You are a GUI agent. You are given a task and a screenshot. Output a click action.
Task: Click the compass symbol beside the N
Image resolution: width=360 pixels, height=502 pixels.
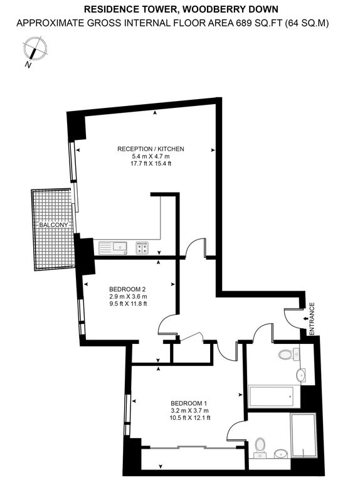pos(35,49)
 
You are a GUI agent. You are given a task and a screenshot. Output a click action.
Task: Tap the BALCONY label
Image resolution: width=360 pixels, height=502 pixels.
pos(53,225)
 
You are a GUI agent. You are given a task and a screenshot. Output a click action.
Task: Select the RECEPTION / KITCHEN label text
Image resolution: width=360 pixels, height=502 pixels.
pos(151,149)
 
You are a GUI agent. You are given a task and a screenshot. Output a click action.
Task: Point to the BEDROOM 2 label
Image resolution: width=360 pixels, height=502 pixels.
pos(128,289)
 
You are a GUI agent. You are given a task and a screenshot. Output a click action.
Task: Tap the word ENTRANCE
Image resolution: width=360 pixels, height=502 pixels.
pos(312,319)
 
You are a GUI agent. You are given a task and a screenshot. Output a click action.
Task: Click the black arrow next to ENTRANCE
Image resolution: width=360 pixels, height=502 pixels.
pos(305,319)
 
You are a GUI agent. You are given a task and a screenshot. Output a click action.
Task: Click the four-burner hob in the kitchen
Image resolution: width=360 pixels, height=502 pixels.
pos(142,248)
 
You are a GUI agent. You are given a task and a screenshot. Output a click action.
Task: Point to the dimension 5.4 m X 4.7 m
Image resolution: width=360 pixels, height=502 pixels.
pos(151,156)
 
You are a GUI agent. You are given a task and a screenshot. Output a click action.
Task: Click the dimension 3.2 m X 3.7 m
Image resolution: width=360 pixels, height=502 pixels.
pos(190,410)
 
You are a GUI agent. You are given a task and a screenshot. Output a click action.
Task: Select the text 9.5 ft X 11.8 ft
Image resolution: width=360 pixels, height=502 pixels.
pos(128,304)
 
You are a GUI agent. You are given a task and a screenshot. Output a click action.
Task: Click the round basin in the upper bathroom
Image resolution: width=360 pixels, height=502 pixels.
pos(302,375)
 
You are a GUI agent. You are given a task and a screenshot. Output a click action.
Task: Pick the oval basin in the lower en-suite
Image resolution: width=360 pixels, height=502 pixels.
pos(281,453)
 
